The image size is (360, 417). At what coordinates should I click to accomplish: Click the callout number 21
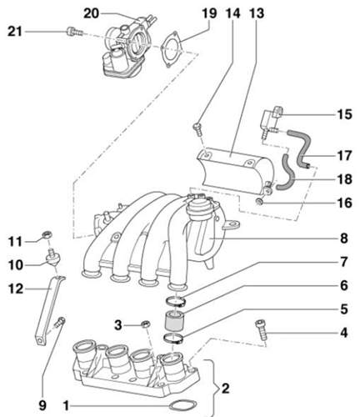tap(14, 32)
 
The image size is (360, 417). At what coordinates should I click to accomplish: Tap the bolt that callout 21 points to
tap(74, 32)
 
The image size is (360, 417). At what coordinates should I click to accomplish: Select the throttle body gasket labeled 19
tap(171, 49)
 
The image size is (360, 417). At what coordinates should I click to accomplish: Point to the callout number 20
tap(92, 13)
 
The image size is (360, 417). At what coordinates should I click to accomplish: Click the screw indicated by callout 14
tap(197, 129)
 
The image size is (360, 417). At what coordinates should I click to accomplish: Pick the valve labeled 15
tap(271, 120)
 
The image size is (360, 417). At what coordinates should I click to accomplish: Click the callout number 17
tap(344, 155)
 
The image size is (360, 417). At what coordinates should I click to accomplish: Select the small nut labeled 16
tap(259, 202)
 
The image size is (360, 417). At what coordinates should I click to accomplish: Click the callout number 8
tap(344, 239)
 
